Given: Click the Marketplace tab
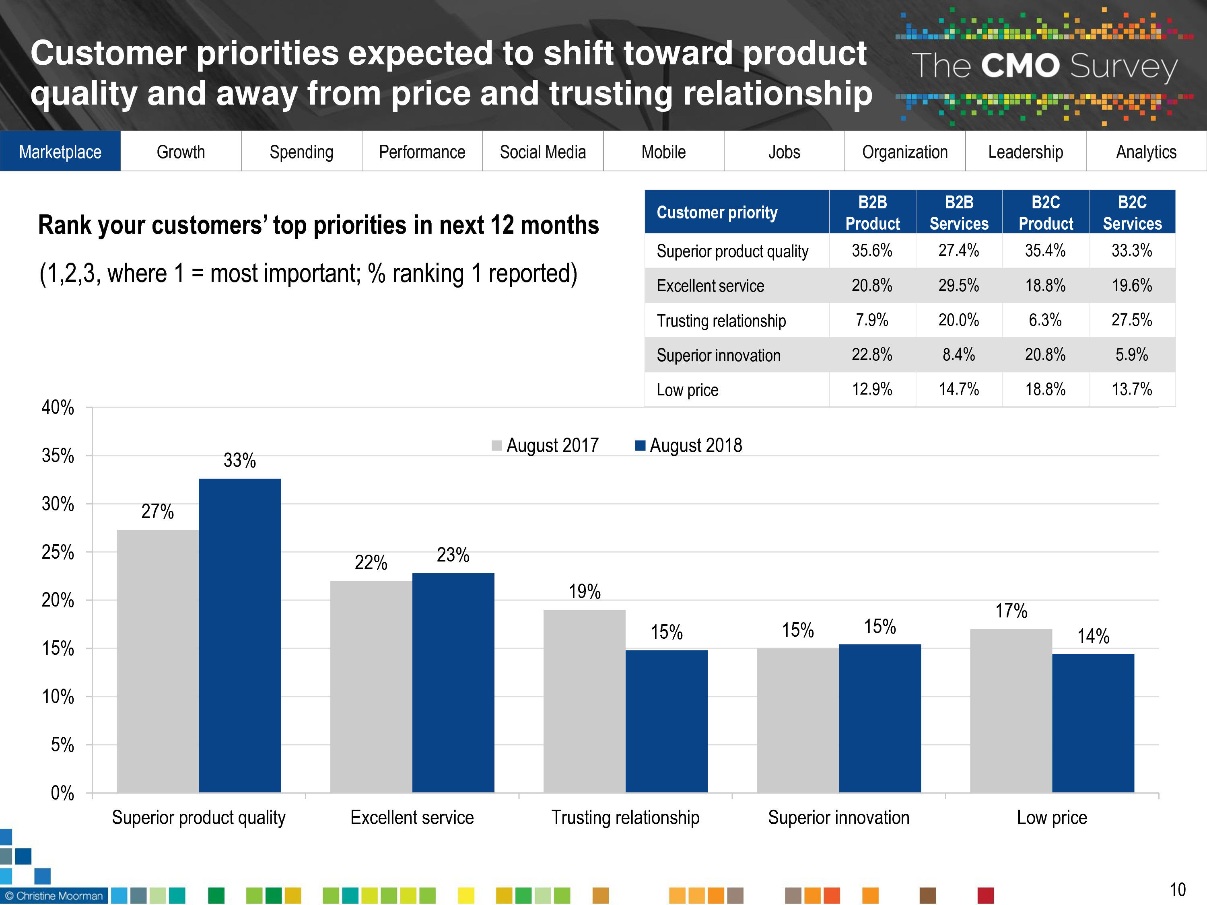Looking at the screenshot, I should pyautogui.click(x=60, y=152).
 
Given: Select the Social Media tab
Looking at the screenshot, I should pyautogui.click(x=542, y=152).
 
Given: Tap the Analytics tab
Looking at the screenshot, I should pyautogui.click(x=1146, y=152).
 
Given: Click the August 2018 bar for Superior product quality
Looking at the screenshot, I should pyautogui.click(x=239, y=636).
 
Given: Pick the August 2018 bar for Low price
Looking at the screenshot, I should pyautogui.click(x=1093, y=723).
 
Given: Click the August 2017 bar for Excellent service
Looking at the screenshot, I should pyautogui.click(x=371, y=686).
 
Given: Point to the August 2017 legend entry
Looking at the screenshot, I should pyautogui.click(x=546, y=446).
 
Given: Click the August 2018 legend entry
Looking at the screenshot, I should pyautogui.click(x=689, y=446).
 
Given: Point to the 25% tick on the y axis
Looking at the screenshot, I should pyautogui.click(x=58, y=552).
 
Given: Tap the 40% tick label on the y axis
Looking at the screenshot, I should pyautogui.click(x=58, y=407).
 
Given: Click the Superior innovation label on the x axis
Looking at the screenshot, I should pyautogui.click(x=839, y=818).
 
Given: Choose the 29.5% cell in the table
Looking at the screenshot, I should pyautogui.click(x=959, y=285).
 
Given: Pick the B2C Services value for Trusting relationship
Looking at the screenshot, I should pyautogui.click(x=1132, y=320).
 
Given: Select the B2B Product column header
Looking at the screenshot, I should pyautogui.click(x=873, y=213).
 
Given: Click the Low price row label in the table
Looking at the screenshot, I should pyautogui.click(x=688, y=390).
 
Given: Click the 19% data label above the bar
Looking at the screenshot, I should pyautogui.click(x=585, y=591).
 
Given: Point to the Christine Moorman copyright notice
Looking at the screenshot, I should pyautogui.click(x=54, y=896).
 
